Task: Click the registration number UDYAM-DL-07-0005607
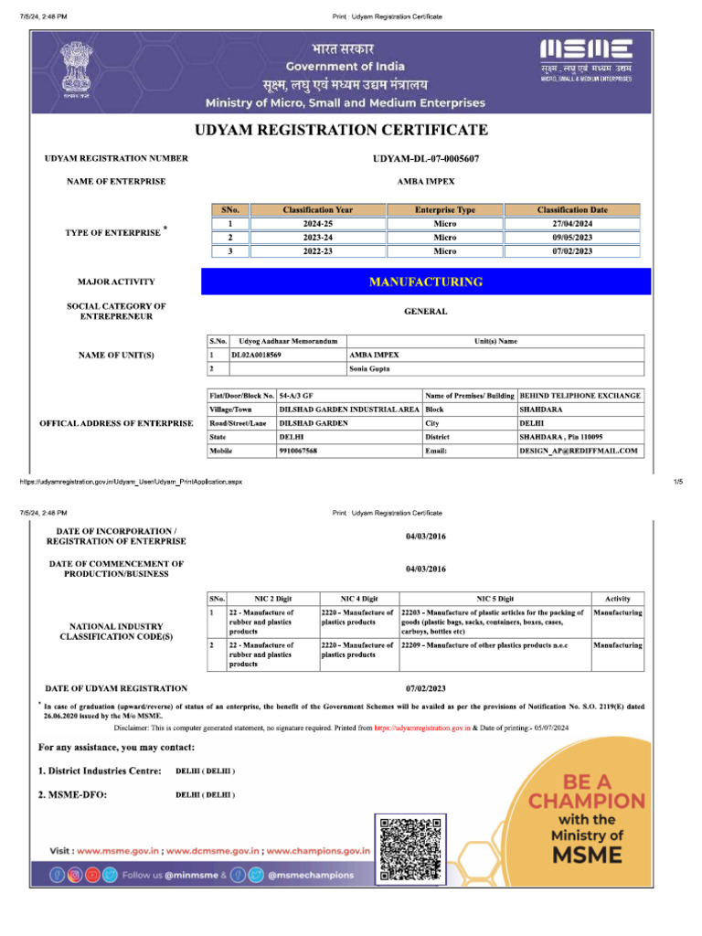[425, 159]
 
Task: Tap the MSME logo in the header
[586, 51]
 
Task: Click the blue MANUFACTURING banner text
[425, 282]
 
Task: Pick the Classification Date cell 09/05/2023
[572, 237]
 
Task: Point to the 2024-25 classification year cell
[317, 223]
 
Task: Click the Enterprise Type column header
[445, 210]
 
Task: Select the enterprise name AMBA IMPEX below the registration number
[425, 182]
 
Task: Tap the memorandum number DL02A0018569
[257, 355]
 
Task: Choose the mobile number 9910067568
[299, 452]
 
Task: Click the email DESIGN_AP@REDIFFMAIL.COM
[578, 452]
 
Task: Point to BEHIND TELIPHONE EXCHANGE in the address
[580, 396]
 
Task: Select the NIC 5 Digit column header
[495, 598]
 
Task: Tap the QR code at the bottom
[410, 847]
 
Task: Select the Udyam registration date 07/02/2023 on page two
[425, 688]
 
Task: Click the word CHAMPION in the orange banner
[586, 801]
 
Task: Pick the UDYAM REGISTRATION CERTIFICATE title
[341, 130]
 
